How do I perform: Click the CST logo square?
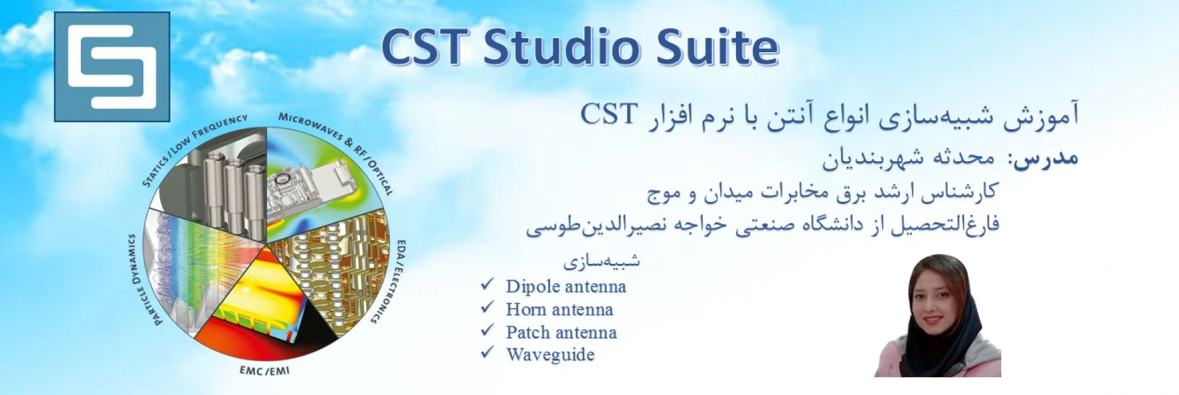[x=112, y=67]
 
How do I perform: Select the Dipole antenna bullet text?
[x=566, y=287]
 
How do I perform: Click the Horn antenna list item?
[x=560, y=310]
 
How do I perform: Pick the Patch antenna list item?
[x=561, y=333]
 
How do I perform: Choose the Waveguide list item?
[x=550, y=355]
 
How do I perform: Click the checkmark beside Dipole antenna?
[x=488, y=284]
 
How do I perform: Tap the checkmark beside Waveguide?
[x=488, y=352]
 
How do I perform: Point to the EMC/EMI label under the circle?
[x=264, y=370]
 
